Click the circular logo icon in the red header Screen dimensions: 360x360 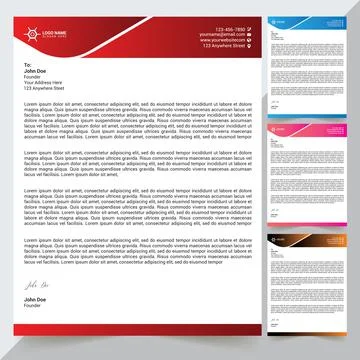(x=33, y=35)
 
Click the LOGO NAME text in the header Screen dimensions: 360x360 (x=53, y=33)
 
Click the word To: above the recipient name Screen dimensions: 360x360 (x=28, y=64)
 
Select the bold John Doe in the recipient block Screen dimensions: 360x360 (x=36, y=71)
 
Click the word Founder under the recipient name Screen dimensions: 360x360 (x=33, y=77)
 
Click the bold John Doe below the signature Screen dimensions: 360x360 (x=36, y=300)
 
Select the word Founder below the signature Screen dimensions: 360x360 (x=33, y=306)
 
